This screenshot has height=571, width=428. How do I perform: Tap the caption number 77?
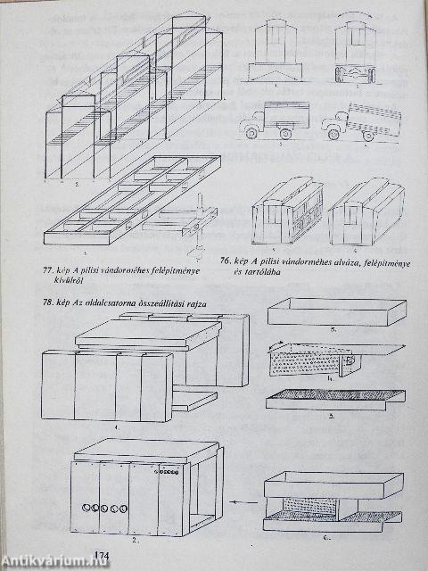coord(50,269)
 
